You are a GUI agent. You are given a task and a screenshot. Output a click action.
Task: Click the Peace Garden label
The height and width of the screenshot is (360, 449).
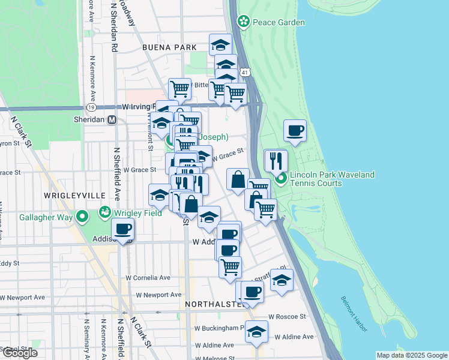coord(279,22)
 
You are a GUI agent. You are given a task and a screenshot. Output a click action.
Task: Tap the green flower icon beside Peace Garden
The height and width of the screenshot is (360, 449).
coord(244,22)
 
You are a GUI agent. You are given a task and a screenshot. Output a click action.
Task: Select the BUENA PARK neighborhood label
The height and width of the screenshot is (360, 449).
coord(169,47)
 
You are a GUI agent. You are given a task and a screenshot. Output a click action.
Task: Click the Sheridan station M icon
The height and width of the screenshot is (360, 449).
coord(112,119)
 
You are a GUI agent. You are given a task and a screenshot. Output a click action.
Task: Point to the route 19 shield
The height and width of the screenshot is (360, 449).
coord(91,107)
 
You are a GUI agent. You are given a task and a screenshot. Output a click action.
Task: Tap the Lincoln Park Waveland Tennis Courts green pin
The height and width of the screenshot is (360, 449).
coord(280,178)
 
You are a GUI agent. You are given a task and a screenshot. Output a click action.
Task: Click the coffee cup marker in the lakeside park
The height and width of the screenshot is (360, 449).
coord(295,131)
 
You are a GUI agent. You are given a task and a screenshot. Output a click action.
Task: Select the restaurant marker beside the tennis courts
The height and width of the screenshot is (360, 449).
coord(276,161)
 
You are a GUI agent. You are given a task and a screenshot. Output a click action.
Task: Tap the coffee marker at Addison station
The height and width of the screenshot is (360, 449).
coord(123,230)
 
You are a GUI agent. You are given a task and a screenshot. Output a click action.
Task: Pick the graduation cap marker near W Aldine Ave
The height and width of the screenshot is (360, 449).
coord(256,332)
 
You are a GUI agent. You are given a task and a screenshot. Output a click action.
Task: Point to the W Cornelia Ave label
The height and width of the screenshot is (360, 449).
coord(148,278)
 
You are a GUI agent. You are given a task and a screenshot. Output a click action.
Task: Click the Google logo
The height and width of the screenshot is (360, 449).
coord(19,353)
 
